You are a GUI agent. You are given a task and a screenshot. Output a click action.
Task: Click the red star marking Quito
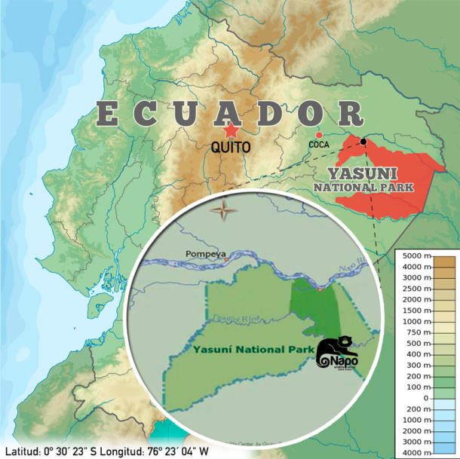pos(231,130)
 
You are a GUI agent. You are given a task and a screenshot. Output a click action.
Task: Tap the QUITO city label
pos(231,148)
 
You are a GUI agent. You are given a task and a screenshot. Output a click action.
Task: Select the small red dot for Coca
pos(320,135)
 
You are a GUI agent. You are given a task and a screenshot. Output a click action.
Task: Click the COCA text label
pos(320,145)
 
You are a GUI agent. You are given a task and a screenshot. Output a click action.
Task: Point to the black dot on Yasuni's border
pos(363,142)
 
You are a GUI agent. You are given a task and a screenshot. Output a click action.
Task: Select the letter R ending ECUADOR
pos(351,115)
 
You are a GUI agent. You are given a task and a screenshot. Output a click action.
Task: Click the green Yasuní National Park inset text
pos(244,350)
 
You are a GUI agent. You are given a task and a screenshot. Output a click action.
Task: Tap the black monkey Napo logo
pos(337,353)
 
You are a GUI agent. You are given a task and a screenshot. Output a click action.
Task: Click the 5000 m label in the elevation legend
pos(416,256)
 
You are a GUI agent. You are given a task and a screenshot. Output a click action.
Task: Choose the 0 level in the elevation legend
pos(425,398)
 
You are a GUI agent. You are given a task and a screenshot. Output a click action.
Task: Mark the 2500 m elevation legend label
pos(416,299)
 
